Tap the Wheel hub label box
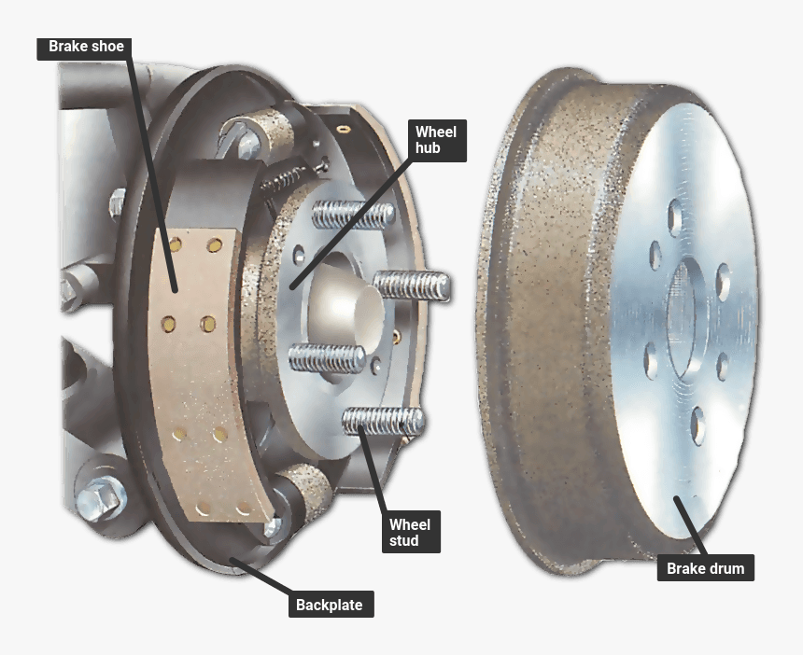point(437,140)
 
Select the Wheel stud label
point(411,532)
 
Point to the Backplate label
point(331,605)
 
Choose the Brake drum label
point(706,568)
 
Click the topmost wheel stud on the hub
point(353,214)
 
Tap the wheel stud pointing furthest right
point(412,285)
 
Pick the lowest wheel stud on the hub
point(384,421)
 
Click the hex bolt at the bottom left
point(101,495)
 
